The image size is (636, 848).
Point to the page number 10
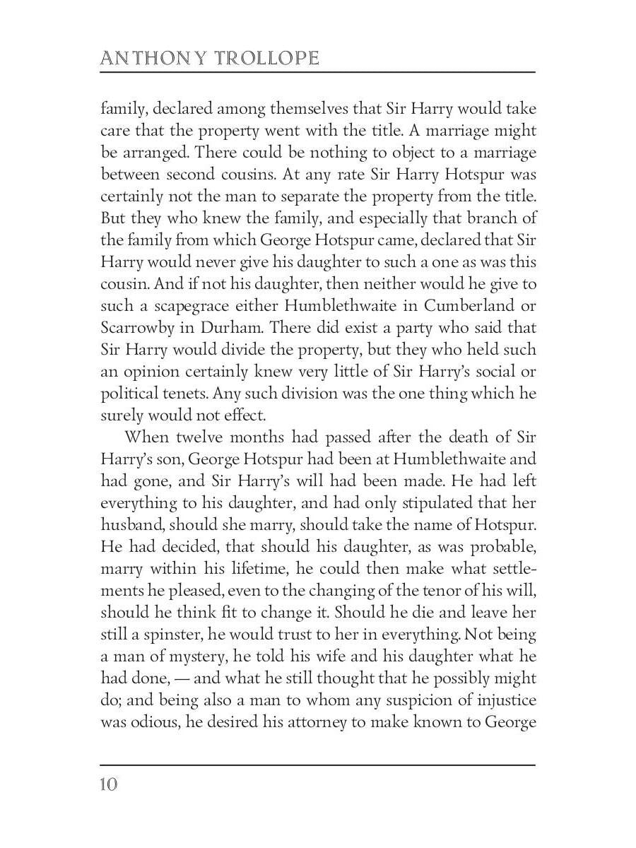click(109, 785)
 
